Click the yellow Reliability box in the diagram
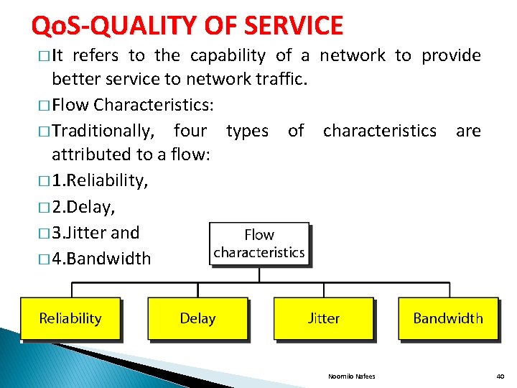pos(70,318)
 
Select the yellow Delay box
pos(197,318)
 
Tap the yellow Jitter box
pos(324,318)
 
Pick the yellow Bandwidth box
pos(448,318)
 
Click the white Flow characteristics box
pos(259,244)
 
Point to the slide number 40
pos(500,377)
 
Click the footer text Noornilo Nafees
pos(351,377)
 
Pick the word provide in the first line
pos(451,55)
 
